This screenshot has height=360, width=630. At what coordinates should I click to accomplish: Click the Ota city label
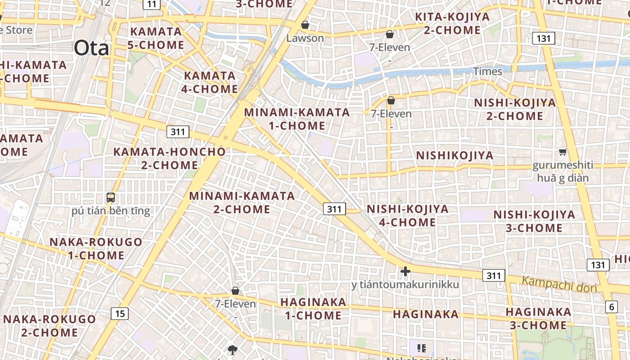coord(91,48)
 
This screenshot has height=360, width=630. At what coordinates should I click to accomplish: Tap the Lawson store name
coord(305,38)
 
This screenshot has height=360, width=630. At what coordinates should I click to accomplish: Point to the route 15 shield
coord(120,313)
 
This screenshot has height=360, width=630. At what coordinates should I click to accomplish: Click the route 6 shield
coord(612,307)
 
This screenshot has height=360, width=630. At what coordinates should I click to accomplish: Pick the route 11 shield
coord(152,4)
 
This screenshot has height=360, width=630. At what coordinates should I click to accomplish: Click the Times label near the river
coord(487,72)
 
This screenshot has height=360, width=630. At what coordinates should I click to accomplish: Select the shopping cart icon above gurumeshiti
coord(562,152)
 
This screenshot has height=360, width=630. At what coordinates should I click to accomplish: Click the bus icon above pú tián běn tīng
coord(110,197)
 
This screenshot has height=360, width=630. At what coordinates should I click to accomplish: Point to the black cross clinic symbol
coord(405,271)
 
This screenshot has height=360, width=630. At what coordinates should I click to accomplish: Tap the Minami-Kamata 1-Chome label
coord(297,119)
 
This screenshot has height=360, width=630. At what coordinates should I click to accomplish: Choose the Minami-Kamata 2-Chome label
coord(242,202)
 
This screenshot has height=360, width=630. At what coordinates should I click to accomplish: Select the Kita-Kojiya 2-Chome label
coord(452,23)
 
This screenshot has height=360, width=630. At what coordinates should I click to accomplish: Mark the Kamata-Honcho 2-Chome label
coord(169,158)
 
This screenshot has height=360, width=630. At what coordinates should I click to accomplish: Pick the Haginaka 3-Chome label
coord(538,318)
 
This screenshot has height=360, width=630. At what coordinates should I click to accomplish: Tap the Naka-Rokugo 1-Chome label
coord(96,248)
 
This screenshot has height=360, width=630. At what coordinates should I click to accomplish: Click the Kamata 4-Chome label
coord(210,82)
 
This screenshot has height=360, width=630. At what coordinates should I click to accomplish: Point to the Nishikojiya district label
coord(454,156)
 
